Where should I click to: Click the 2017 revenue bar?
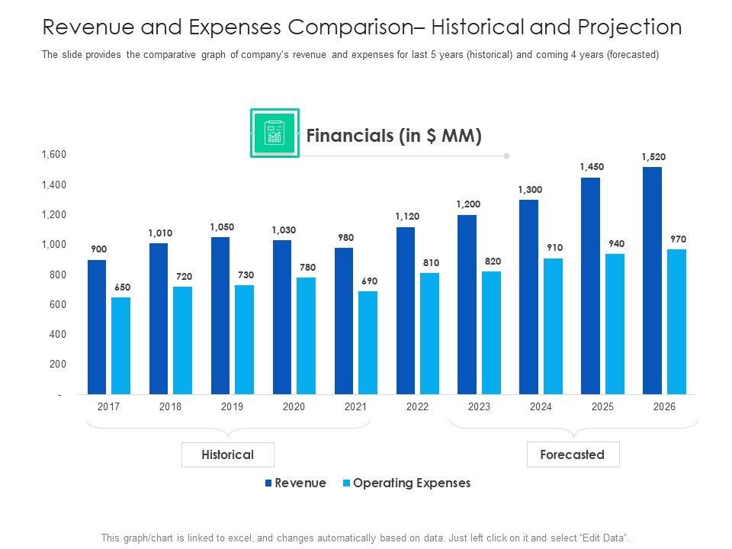pos(97,326)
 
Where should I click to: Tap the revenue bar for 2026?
pos(652,280)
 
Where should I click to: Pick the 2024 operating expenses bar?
pos(553,326)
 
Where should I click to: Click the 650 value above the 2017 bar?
pos(122,287)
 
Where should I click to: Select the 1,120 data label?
pos(406,217)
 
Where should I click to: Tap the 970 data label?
pos(678,239)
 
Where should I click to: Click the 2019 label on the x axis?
pos(232,407)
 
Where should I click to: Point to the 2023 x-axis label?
pos(479,407)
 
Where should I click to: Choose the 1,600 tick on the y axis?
pos(53,155)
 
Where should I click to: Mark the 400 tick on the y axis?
pos(58,335)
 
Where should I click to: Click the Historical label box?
pos(227,454)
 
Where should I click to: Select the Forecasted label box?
pos(573,454)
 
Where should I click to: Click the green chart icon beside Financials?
pos(274,133)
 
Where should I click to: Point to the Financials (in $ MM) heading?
pos(393,136)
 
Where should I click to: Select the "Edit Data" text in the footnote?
pos(602,537)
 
